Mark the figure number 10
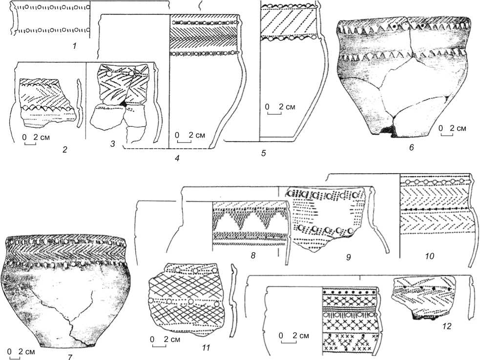[430, 255]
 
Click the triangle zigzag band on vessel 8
[249, 218]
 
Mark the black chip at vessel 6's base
[390, 130]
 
